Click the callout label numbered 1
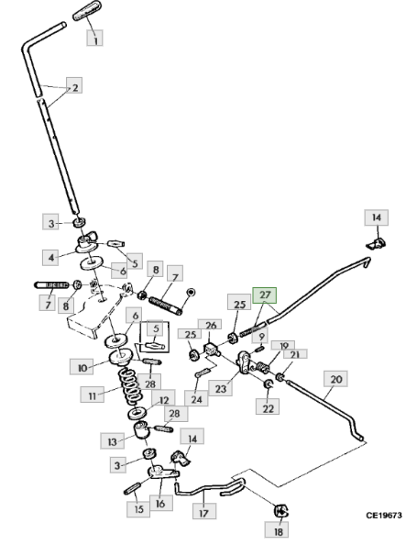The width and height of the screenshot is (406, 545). [x=94, y=38]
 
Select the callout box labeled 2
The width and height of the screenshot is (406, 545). [x=74, y=86]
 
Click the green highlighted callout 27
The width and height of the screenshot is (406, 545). [x=264, y=295]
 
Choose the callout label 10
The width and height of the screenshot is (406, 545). [x=82, y=367]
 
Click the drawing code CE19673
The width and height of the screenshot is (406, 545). [x=383, y=515]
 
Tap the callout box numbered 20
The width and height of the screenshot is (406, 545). [x=335, y=379]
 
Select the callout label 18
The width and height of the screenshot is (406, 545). [x=279, y=531]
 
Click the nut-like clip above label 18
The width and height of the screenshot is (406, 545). [x=281, y=511]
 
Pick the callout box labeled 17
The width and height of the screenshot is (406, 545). [x=204, y=512]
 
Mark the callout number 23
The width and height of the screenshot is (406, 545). [x=221, y=388]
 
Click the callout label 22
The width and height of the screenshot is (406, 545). [x=268, y=407]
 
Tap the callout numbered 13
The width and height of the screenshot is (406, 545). [x=112, y=441]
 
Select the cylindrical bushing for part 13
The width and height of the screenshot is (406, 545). [x=142, y=430]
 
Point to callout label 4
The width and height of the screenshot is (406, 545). [x=50, y=258]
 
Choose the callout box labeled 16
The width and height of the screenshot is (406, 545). [x=160, y=503]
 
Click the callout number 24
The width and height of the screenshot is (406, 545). [x=196, y=398]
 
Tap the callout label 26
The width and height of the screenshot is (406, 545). [x=210, y=325]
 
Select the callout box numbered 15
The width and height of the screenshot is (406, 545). [x=138, y=509]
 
